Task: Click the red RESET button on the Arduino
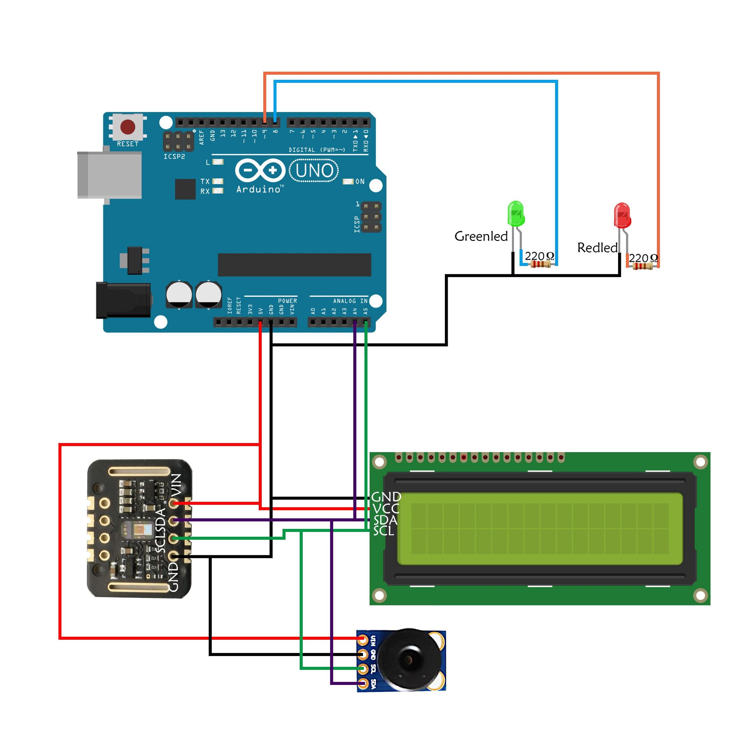tap(128, 127)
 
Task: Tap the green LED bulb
tap(516, 213)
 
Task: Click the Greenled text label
tap(481, 236)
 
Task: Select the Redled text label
tap(597, 248)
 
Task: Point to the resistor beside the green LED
tap(540, 264)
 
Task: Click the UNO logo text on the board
tap(314, 171)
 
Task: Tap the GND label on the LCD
tap(386, 497)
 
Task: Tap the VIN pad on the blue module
tap(363, 640)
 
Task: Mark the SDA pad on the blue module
tap(363, 683)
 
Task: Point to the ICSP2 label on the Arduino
tap(174, 157)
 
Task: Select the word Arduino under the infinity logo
tap(259, 190)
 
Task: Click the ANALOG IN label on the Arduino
tap(350, 301)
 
